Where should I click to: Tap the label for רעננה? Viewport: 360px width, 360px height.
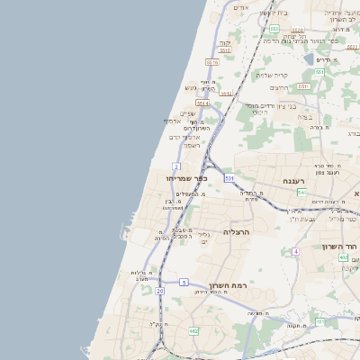[294, 181]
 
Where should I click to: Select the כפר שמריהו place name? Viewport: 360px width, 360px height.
[184, 178]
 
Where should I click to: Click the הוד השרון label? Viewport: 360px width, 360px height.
[341, 246]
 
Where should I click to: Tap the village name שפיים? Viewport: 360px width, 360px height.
[187, 113]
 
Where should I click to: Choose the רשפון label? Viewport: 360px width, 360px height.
[192, 145]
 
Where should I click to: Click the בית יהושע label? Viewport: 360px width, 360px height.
[274, 12]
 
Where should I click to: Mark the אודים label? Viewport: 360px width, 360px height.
[240, 7]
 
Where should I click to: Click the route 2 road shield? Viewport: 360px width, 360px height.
[176, 166]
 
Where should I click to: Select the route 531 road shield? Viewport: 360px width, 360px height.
[229, 178]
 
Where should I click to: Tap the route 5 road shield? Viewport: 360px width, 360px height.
[183, 282]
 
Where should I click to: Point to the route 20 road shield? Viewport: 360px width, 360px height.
[159, 291]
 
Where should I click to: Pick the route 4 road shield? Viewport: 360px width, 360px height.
[294, 251]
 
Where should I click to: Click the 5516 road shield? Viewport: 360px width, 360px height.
[211, 62]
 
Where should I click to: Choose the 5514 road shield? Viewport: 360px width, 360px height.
[202, 103]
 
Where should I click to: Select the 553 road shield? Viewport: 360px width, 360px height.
[273, 29]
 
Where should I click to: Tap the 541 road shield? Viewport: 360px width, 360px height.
[301, 193]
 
